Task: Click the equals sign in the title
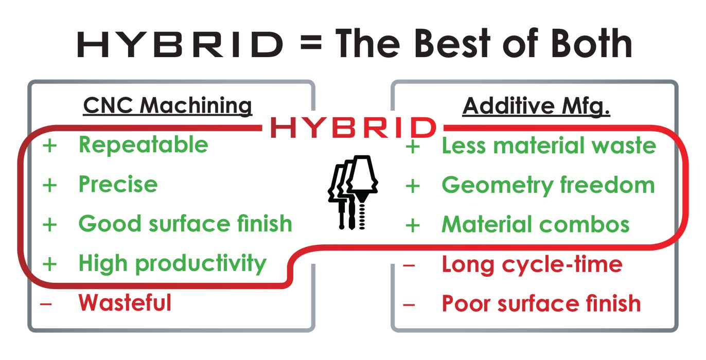[x=311, y=43]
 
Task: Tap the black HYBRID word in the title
[x=180, y=44]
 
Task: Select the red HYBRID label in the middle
[x=354, y=128]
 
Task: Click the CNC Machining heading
[x=168, y=106]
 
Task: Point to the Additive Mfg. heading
[x=536, y=106]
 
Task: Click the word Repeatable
[x=144, y=145]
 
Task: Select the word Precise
[x=118, y=184]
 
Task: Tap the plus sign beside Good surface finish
[x=50, y=225]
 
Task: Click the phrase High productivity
[x=172, y=264]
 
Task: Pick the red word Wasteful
[x=125, y=303]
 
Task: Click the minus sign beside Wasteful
[x=46, y=304]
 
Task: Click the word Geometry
[x=498, y=186]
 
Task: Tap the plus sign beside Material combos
[x=413, y=225]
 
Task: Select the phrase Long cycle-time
[x=532, y=265]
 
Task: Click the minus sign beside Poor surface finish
[x=409, y=304]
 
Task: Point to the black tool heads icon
[x=352, y=192]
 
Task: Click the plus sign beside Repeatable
[x=50, y=146]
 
